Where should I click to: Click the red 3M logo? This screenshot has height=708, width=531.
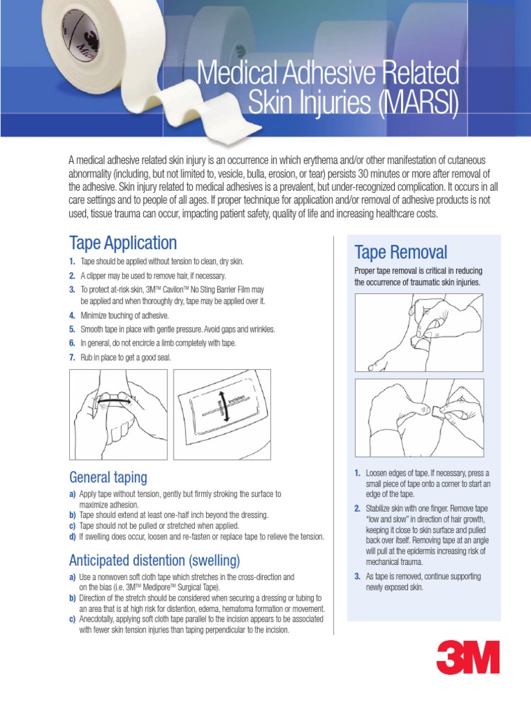(x=467, y=657)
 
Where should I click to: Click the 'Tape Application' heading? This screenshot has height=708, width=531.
(x=123, y=243)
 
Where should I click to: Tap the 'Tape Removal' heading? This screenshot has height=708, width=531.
(x=400, y=252)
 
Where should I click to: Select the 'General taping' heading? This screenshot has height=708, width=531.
(x=108, y=477)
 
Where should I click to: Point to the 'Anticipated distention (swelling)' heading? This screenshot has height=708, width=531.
(x=154, y=559)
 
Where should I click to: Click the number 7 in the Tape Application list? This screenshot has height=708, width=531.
(x=72, y=357)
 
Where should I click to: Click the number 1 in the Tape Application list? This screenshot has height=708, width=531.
(x=72, y=261)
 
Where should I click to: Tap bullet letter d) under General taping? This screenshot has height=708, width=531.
(x=73, y=537)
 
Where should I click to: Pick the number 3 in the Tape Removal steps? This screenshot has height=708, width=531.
(x=357, y=577)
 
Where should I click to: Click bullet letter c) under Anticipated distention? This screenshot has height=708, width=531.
(x=73, y=619)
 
